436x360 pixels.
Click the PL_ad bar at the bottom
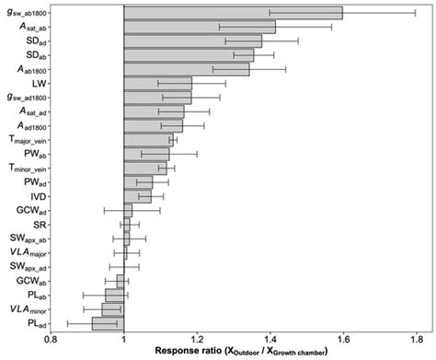[x=108, y=323]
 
